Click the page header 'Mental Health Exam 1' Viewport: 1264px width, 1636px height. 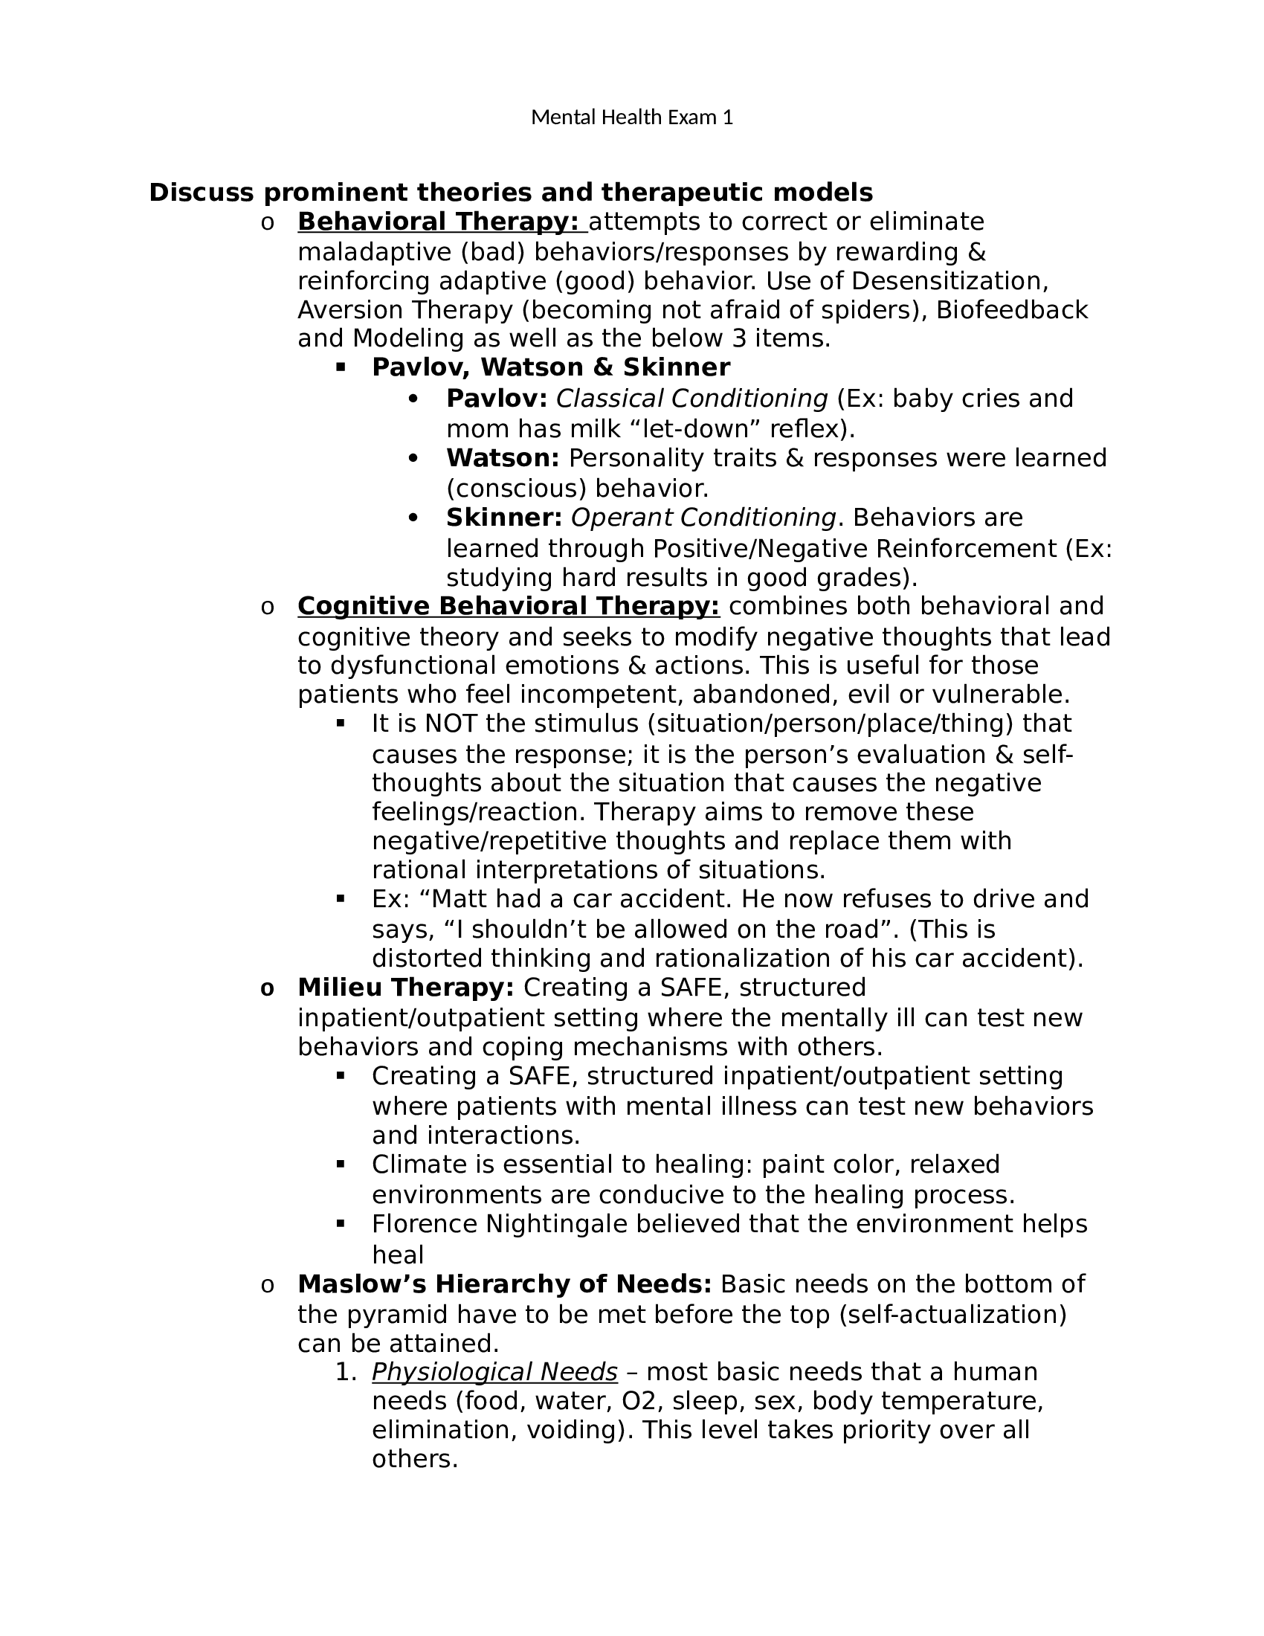(631, 117)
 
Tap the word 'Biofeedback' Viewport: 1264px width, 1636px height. (1011, 310)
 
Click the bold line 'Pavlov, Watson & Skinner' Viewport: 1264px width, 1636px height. (550, 368)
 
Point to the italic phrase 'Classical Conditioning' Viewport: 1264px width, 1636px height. (692, 399)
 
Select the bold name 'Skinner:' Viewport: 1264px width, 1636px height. (504, 518)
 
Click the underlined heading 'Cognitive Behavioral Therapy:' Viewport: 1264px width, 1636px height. (509, 606)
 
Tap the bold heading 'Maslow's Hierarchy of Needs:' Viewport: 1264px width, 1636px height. (504, 1284)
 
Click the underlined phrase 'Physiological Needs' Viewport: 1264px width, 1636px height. (494, 1372)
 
